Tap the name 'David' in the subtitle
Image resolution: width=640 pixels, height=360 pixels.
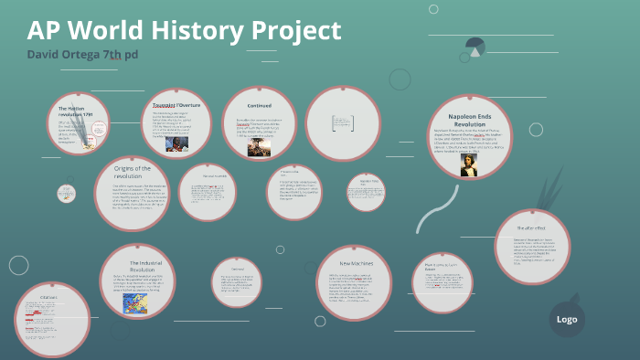click(x=47, y=55)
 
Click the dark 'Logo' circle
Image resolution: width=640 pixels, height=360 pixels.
click(x=566, y=319)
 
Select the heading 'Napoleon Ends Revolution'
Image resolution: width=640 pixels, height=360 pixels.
click(x=469, y=122)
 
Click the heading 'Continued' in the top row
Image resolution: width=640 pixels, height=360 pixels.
click(x=259, y=105)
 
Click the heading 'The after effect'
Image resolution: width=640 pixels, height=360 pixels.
click(x=531, y=227)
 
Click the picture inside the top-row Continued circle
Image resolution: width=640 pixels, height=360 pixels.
click(x=259, y=147)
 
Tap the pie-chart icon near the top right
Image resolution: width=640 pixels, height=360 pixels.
click(x=475, y=46)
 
